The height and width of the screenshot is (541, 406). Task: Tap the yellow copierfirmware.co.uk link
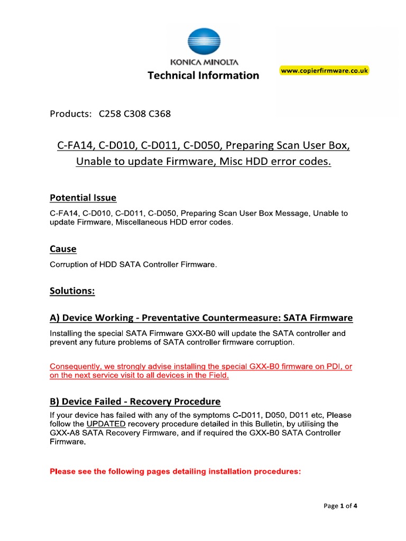324,71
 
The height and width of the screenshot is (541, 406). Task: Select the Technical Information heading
203,76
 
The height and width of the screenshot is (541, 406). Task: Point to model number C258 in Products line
109,114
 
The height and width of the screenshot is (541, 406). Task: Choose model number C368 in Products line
160,114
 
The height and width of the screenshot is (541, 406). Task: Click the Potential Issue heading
83,198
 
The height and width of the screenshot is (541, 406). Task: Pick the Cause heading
63,249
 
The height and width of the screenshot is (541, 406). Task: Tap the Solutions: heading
72,291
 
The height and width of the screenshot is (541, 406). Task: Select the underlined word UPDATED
106,424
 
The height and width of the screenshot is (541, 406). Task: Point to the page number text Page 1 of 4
340,506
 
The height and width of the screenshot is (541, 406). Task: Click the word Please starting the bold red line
62,472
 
